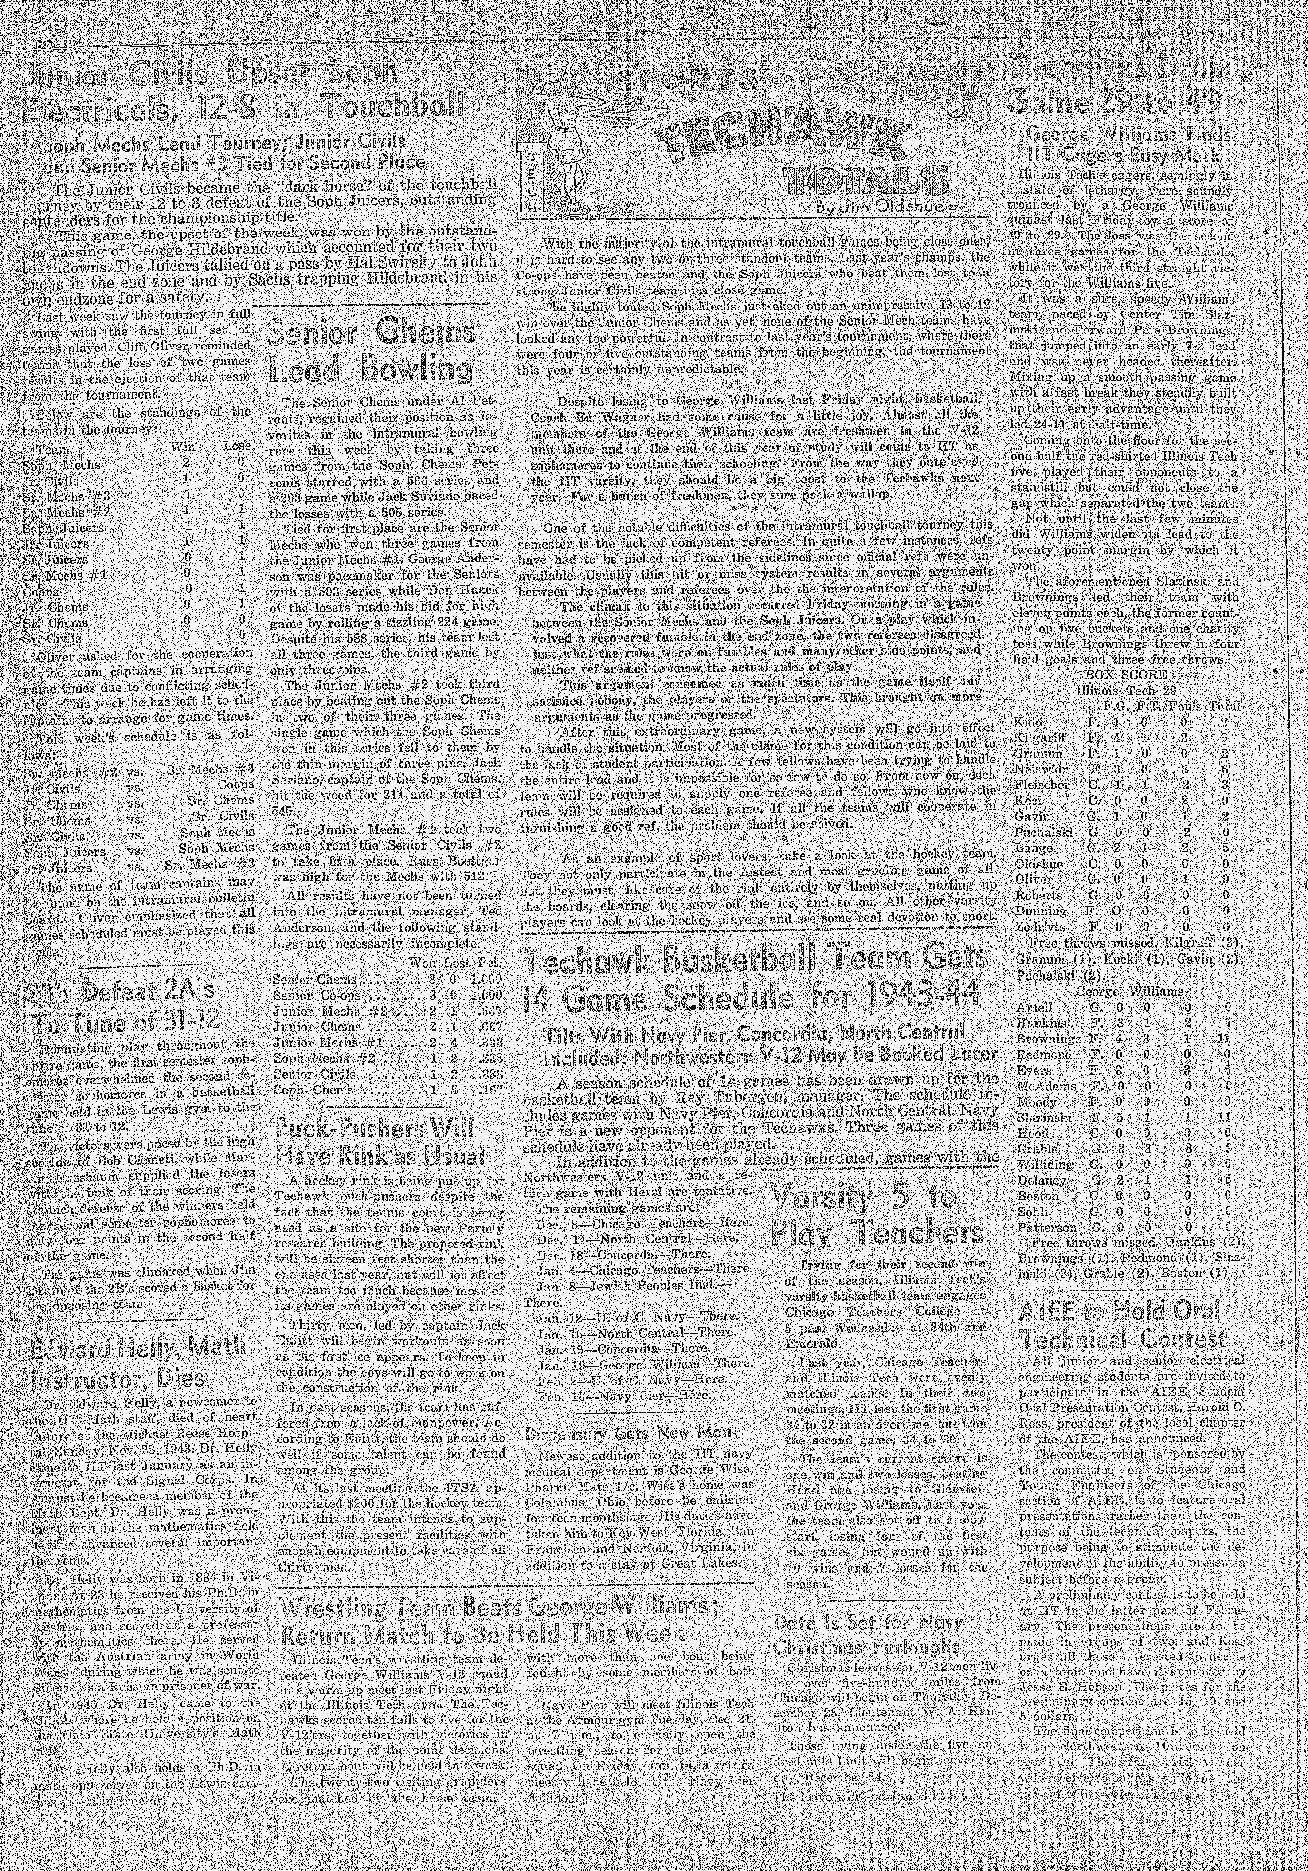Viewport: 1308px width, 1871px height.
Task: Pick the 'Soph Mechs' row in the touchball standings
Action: (68, 464)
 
